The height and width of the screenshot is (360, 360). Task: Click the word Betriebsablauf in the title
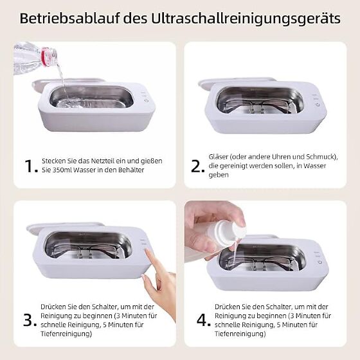(69, 19)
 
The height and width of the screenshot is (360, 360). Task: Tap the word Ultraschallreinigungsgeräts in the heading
(246, 19)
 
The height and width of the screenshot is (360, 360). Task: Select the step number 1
(31, 166)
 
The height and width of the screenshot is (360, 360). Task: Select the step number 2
(197, 166)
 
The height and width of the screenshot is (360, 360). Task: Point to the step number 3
(30, 320)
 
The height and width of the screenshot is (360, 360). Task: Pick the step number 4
(203, 320)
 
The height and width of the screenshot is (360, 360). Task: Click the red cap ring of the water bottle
(46, 57)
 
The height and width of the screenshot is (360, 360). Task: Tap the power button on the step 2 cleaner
(318, 105)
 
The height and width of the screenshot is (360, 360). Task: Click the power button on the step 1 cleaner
(147, 100)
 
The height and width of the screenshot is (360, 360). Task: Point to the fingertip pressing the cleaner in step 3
(147, 252)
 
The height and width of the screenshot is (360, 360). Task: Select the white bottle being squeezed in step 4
(224, 230)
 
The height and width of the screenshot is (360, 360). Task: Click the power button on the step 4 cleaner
(320, 262)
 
